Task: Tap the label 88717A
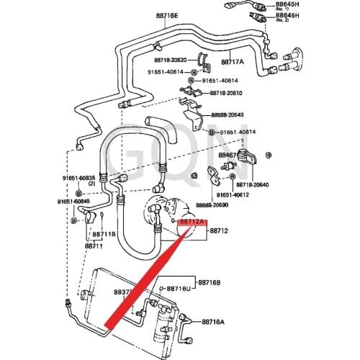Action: coord(231,62)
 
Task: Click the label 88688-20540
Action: coord(228,114)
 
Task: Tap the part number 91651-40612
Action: coord(230,194)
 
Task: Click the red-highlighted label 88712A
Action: coord(193,222)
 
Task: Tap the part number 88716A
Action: coord(214,322)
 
